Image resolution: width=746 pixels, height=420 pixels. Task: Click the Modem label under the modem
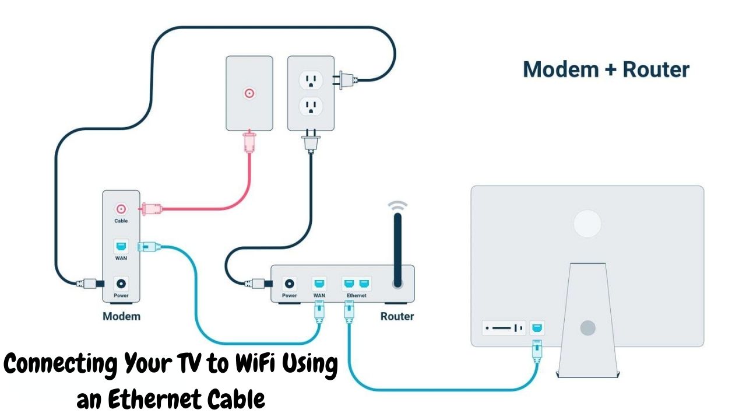[121, 317]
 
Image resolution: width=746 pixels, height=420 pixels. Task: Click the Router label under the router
[397, 317]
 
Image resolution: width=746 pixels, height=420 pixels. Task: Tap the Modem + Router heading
[606, 69]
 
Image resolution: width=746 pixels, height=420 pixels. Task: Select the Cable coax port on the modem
[121, 209]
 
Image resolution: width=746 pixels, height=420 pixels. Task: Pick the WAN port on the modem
[121, 247]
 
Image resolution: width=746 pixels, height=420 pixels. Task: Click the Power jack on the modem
[121, 283]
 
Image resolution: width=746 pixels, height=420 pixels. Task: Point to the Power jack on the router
[289, 283]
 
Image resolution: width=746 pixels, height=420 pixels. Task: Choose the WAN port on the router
[319, 283]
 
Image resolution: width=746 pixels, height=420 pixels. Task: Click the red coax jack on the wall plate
[249, 93]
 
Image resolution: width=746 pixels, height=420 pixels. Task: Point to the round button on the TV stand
[587, 327]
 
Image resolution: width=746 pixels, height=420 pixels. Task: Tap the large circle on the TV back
[587, 224]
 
